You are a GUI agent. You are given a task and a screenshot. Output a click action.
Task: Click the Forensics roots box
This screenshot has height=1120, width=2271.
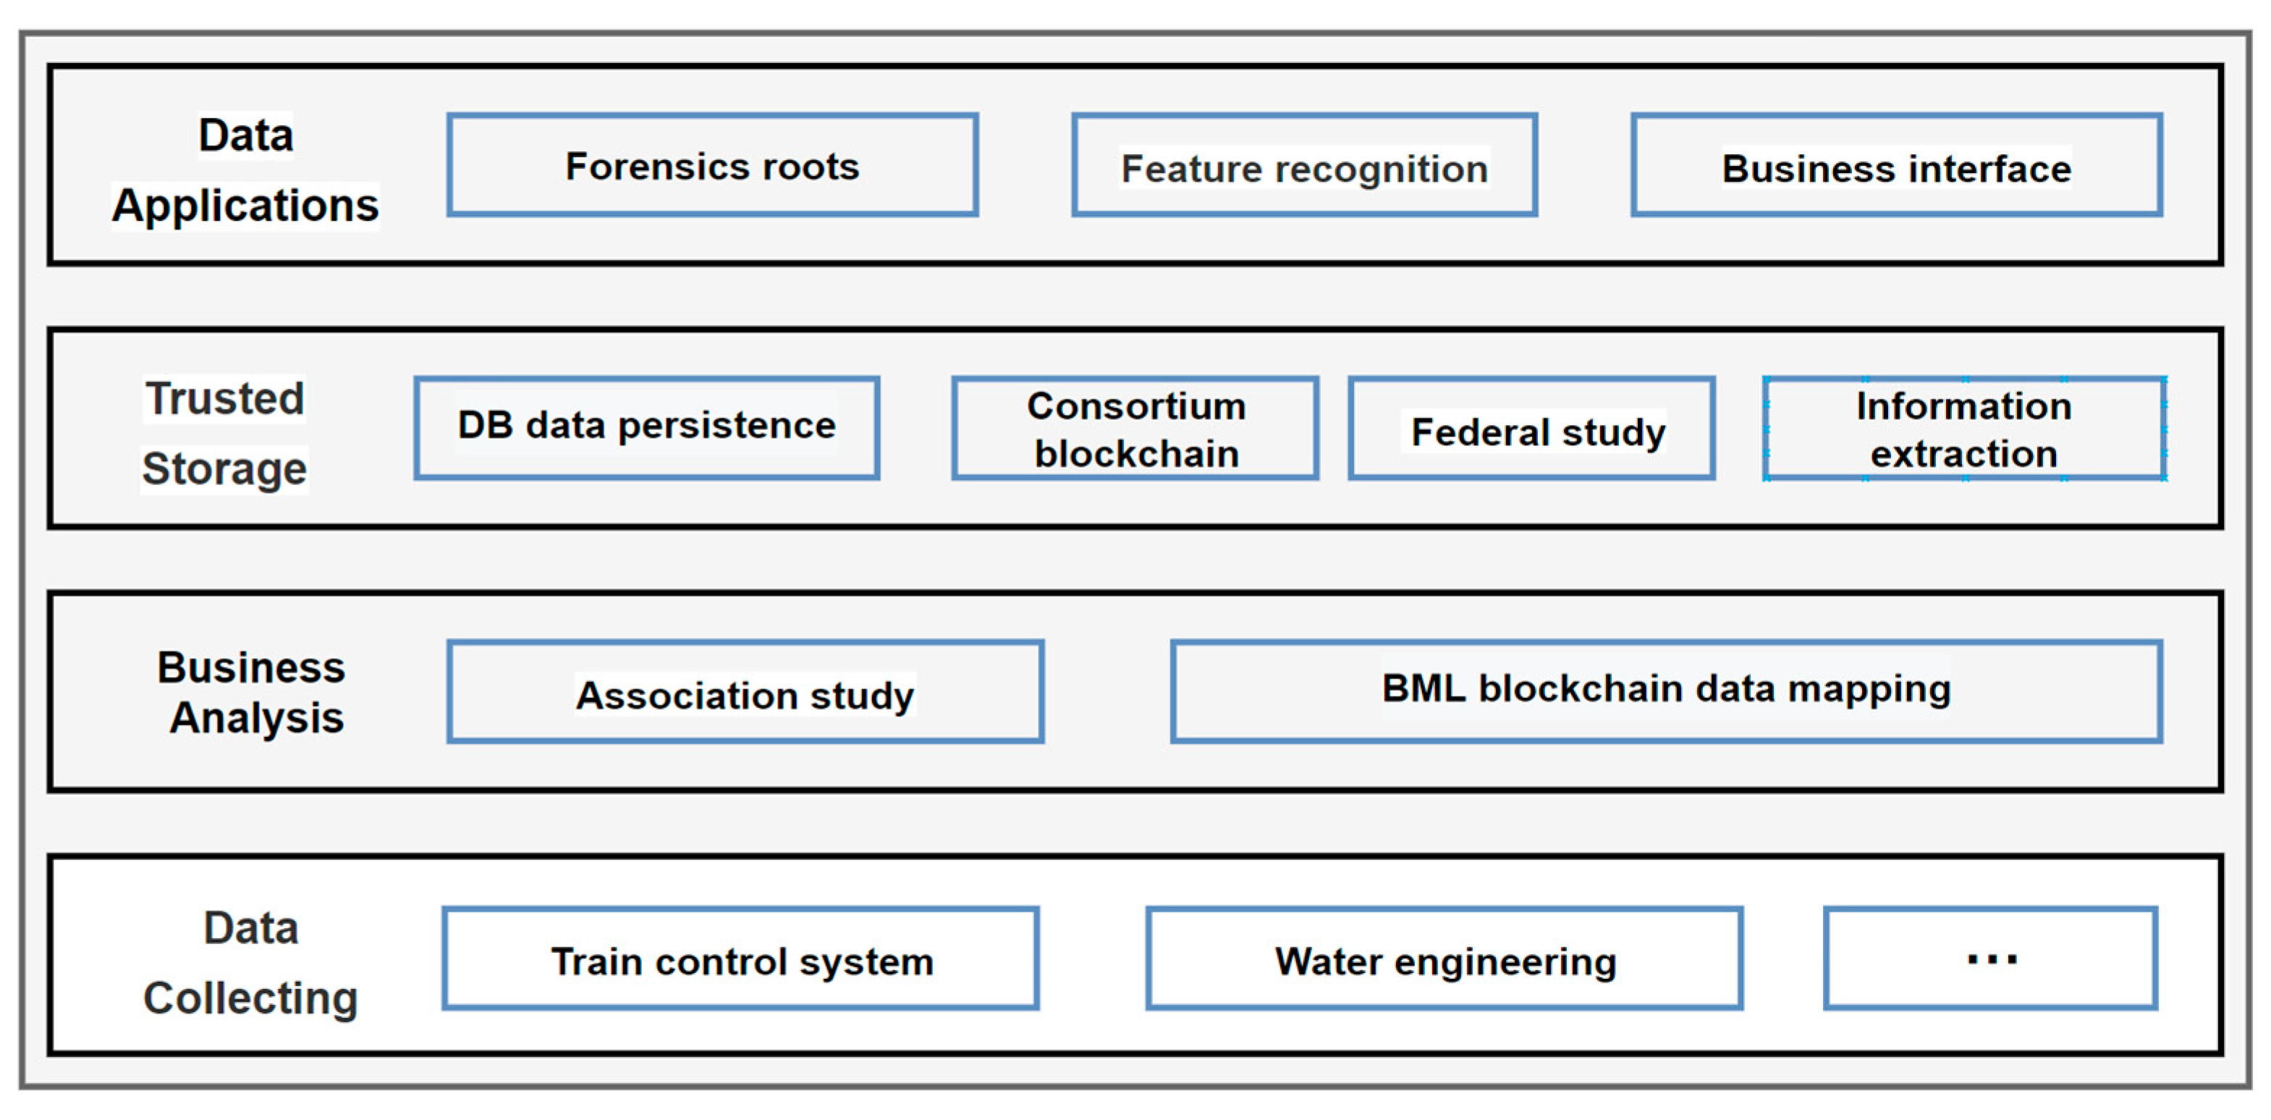(712, 165)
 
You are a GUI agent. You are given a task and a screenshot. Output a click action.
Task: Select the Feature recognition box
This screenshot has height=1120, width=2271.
(1305, 165)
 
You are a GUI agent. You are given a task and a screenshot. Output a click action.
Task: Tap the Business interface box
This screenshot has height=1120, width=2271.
(1896, 165)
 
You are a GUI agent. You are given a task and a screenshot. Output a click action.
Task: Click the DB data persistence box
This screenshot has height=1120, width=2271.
(647, 428)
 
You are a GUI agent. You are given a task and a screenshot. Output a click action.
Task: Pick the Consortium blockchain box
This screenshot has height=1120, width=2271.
(1135, 429)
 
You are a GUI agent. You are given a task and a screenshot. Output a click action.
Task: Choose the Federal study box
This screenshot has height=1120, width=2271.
(1532, 429)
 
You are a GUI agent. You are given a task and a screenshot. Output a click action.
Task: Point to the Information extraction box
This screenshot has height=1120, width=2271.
(1964, 429)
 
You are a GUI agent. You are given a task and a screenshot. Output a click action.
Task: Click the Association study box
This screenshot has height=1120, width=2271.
(746, 692)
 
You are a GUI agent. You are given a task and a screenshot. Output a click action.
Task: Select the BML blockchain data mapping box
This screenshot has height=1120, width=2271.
(1666, 691)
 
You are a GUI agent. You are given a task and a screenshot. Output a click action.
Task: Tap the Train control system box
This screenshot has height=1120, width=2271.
(740, 959)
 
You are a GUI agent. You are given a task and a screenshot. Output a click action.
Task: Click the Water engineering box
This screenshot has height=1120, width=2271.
(1444, 959)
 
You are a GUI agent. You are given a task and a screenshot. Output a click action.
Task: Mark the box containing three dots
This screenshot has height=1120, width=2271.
(1991, 959)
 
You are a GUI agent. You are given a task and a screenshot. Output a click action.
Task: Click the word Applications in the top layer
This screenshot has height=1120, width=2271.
(245, 206)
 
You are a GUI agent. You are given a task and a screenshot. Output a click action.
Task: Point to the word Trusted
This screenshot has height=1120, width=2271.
(225, 399)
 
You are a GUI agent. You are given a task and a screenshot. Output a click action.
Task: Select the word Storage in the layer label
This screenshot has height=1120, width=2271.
(225, 468)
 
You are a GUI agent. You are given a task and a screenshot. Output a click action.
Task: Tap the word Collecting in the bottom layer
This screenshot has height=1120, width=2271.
(250, 998)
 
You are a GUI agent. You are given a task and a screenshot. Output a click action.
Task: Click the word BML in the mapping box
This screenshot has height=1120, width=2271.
(1423, 689)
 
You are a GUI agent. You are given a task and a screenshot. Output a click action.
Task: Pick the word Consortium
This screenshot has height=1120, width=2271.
(1136, 407)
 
